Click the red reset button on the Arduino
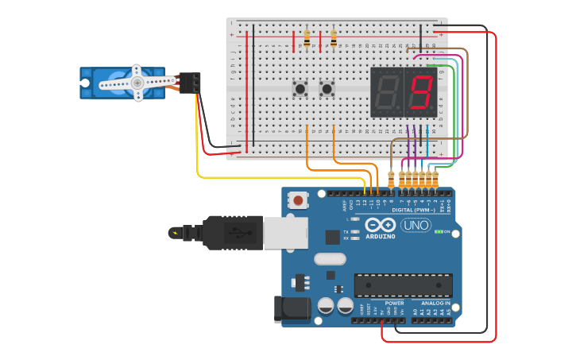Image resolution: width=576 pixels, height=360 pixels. coord(298,200)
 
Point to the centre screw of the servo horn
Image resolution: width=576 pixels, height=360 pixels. coord(137,83)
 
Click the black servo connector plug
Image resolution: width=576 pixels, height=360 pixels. coord(190,83)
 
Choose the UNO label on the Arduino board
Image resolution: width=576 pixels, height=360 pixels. coord(416,226)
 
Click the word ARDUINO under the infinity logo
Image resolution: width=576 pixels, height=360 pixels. coord(381,236)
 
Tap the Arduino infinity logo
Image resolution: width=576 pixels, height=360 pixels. coord(381,226)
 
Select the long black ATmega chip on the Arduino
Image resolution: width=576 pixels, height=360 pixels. coord(403,285)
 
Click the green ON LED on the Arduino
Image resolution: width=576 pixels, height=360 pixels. coord(439,231)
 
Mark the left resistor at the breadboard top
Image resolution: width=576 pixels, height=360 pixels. coord(307,38)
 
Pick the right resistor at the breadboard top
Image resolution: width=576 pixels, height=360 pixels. coord(334,38)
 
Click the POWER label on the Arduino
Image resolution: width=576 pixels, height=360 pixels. coord(394,303)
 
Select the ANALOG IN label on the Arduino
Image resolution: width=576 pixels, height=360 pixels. coord(435,303)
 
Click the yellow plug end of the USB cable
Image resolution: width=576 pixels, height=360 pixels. coord(174,233)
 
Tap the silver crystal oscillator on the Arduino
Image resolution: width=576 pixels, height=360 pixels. coord(330,258)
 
